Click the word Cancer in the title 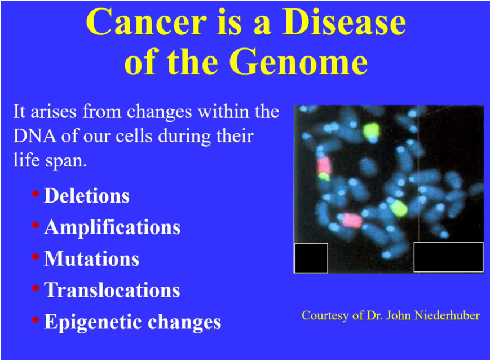click(146, 22)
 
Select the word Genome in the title click(300, 62)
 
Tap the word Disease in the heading click(344, 22)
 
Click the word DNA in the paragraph click(34, 136)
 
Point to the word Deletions click(87, 196)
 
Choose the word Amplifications click(112, 227)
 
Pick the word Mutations click(91, 258)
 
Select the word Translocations click(112, 290)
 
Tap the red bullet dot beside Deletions click(36, 194)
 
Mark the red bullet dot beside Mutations click(36, 257)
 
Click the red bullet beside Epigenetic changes click(36, 319)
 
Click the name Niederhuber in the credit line click(447, 315)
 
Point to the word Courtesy click(325, 315)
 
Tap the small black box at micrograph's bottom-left click(311, 258)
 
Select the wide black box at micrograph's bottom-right click(449, 257)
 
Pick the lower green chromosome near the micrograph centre click(399, 208)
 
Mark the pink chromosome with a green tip click(324, 169)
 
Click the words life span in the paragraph click(50, 160)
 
